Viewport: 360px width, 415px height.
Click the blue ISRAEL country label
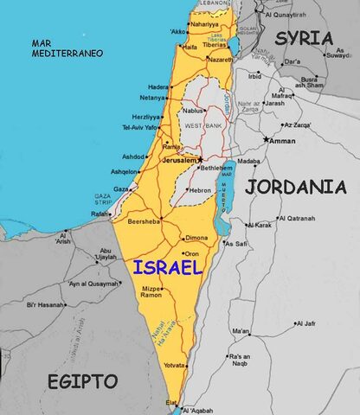168,268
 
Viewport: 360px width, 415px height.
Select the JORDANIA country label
295,186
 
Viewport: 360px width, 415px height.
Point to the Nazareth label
221,59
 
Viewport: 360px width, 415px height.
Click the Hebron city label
201,189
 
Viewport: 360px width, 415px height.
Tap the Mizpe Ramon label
151,292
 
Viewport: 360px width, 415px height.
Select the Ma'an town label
240,330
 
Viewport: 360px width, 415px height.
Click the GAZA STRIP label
104,198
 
